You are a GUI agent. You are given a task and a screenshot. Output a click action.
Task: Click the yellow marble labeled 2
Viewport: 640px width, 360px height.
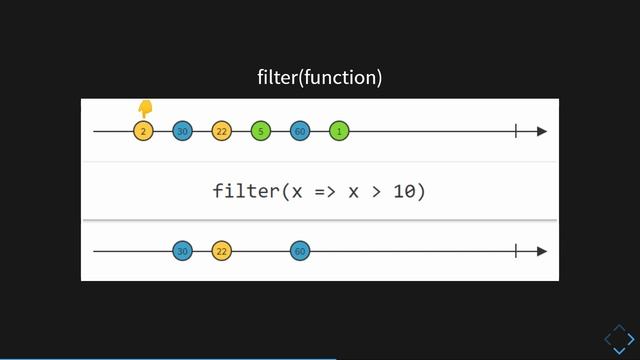[x=143, y=131]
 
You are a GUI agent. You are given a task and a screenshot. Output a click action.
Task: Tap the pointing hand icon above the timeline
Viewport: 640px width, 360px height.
[x=145, y=108]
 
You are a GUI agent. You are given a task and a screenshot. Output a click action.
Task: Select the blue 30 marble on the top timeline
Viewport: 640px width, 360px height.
[x=182, y=131]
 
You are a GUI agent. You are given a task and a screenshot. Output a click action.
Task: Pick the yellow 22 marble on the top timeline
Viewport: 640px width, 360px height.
[x=221, y=131]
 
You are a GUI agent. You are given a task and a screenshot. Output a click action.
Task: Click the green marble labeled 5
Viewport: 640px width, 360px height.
[x=260, y=131]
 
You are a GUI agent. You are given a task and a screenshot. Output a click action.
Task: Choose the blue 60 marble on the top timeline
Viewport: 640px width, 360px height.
[x=300, y=131]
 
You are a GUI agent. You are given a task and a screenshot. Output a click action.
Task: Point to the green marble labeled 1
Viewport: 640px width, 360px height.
[x=339, y=131]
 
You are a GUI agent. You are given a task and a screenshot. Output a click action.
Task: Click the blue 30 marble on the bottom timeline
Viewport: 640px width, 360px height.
[x=182, y=251]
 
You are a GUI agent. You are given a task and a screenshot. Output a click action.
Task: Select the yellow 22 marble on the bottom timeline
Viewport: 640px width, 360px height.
[x=221, y=251]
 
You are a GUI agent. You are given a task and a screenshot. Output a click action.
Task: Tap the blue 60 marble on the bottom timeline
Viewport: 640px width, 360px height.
[x=300, y=251]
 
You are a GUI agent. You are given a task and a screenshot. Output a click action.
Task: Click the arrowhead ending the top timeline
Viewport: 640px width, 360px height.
[x=542, y=131]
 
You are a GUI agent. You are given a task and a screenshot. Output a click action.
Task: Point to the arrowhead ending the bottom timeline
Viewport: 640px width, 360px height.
[x=542, y=251]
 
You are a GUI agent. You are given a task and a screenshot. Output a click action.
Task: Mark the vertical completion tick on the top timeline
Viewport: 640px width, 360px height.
[x=516, y=131]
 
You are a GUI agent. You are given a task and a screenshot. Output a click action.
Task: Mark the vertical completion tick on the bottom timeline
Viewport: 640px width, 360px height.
[x=516, y=251]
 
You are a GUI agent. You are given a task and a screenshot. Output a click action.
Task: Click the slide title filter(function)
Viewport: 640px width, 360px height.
[x=320, y=77]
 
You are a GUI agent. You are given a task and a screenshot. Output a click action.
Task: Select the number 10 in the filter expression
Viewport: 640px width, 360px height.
[x=409, y=191]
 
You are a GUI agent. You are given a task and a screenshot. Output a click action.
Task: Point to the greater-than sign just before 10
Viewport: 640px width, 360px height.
[x=378, y=191]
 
